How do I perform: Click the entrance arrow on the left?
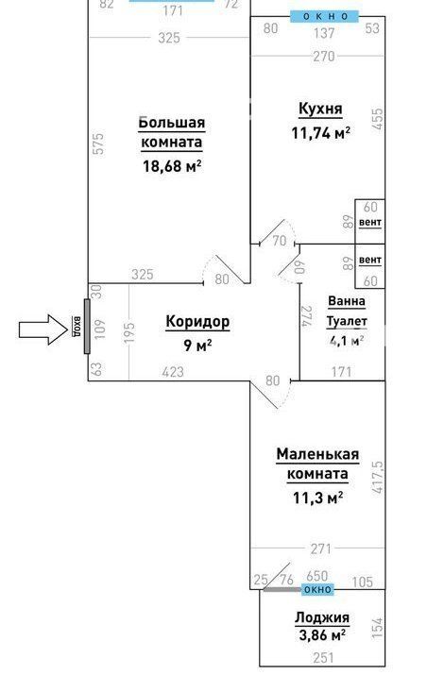43,329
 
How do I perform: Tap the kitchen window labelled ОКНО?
325,17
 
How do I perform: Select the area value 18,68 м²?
172,166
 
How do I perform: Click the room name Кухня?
320,109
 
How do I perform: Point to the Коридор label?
197,322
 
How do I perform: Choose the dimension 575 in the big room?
98,143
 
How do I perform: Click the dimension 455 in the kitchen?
378,119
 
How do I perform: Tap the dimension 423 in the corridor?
173,372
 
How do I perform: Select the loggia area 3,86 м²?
322,635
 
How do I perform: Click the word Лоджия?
322,617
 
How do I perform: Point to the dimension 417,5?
378,477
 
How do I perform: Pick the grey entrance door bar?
87,326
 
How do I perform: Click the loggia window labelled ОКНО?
317,589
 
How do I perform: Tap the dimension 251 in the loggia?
324,658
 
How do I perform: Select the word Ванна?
347,301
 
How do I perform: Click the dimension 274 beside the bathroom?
306,316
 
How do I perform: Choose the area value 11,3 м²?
318,498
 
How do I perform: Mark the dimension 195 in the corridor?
128,332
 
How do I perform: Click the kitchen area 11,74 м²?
320,133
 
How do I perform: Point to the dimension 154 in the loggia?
378,627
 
